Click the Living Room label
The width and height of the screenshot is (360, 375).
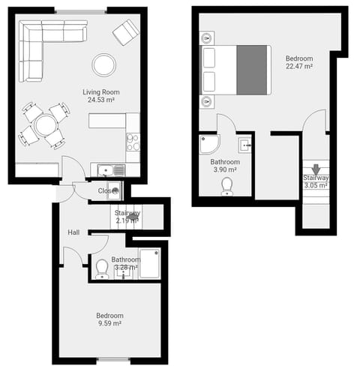coord(101,92)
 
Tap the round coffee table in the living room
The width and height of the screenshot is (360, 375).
coord(103,65)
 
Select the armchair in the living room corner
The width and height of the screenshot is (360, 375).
coord(126,32)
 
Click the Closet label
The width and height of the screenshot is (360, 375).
coord(109,190)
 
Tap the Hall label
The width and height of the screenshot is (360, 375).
coord(73,232)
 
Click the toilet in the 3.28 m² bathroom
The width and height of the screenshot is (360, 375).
coord(102,268)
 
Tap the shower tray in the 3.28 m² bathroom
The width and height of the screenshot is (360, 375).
coord(149,263)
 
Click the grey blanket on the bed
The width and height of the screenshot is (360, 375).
coord(253,70)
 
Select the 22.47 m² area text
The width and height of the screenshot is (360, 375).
coord(298,67)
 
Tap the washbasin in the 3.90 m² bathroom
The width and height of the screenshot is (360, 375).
coord(244,145)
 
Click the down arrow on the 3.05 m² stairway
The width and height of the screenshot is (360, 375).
coord(316,169)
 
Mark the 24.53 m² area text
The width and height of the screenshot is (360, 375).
coord(101,100)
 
